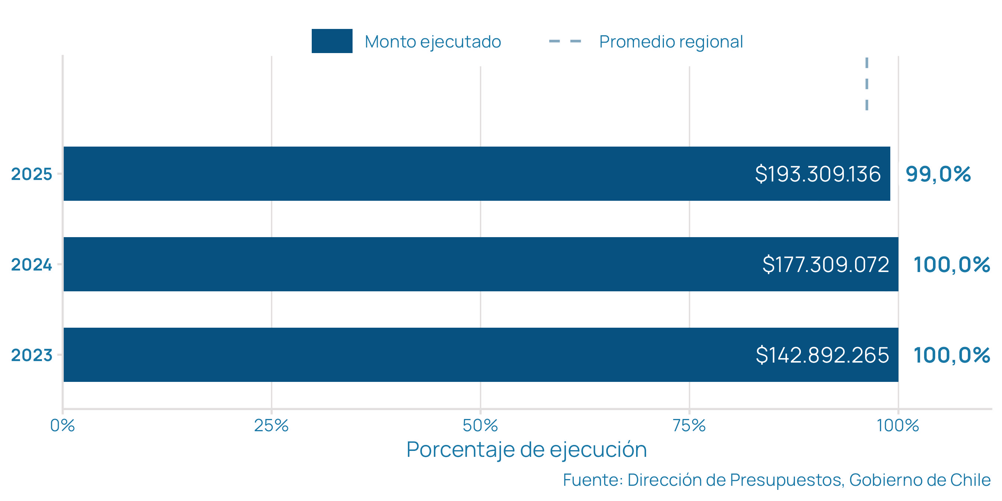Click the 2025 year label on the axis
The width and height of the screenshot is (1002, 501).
pyautogui.click(x=32, y=174)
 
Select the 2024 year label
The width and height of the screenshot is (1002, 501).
pyautogui.click(x=32, y=265)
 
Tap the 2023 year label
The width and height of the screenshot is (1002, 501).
pyautogui.click(x=32, y=355)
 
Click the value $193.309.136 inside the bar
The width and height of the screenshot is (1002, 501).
pyautogui.click(x=818, y=174)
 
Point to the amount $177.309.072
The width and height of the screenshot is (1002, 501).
pyautogui.click(x=825, y=265)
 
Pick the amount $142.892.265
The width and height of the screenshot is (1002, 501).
pyautogui.click(x=822, y=355)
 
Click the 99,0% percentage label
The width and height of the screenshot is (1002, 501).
pyautogui.click(x=938, y=174)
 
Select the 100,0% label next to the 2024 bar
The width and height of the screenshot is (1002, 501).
pyautogui.click(x=952, y=265)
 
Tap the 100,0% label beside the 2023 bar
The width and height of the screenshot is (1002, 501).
pyautogui.click(x=952, y=355)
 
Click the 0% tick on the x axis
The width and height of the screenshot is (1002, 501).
pyautogui.click(x=63, y=426)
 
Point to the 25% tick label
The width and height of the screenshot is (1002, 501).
pyautogui.click(x=271, y=426)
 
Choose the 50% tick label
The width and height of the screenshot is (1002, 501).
pyautogui.click(x=480, y=426)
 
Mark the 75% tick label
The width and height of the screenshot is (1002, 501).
pyautogui.click(x=689, y=426)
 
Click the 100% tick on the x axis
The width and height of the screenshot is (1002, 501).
pyautogui.click(x=898, y=426)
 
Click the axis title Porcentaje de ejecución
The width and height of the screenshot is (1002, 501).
pyautogui.click(x=527, y=450)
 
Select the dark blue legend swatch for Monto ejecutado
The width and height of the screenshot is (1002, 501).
pyautogui.click(x=332, y=41)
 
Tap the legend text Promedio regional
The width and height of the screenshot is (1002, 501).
pyautogui.click(x=671, y=42)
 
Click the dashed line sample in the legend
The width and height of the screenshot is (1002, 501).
pyautogui.click(x=565, y=41)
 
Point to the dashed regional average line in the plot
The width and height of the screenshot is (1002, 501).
pyautogui.click(x=867, y=83)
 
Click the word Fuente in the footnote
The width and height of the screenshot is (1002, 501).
pyautogui.click(x=592, y=480)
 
